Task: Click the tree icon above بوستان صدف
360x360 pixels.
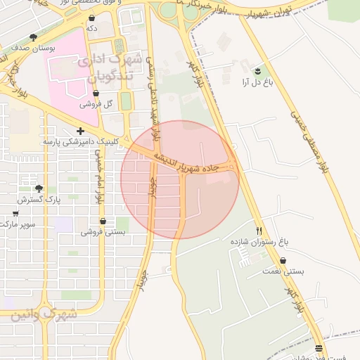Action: tap(33, 37)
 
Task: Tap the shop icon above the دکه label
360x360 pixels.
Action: tap(91, 17)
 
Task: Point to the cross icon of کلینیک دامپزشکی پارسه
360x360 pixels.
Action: tap(82, 131)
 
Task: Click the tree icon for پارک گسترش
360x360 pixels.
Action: tap(39, 188)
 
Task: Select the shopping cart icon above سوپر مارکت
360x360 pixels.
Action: tap(15, 213)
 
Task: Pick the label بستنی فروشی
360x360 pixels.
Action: tap(103, 231)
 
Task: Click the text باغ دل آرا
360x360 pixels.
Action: tap(257, 82)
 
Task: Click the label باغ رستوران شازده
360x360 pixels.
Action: tap(259, 241)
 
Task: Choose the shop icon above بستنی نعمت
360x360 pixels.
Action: tap(283, 260)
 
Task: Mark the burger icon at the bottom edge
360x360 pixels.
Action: tap(319, 349)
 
